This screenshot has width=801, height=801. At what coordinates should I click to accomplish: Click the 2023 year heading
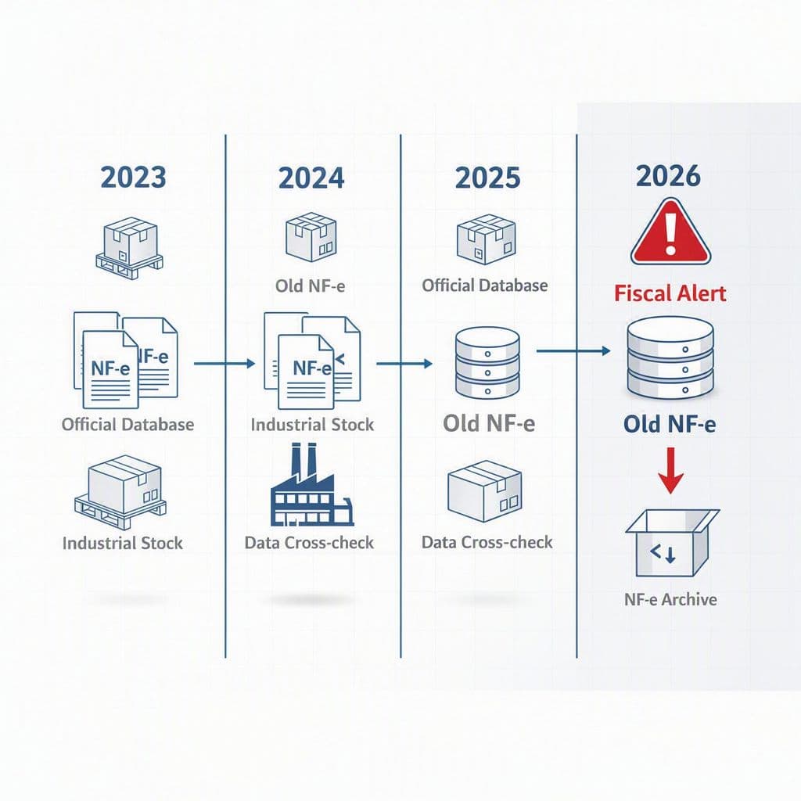[133, 178]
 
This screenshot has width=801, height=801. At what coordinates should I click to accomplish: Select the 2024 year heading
[311, 178]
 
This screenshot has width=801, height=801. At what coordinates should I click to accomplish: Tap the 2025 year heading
[488, 178]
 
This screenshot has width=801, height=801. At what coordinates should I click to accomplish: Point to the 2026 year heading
[668, 176]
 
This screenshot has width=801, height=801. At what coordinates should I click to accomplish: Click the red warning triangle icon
[670, 232]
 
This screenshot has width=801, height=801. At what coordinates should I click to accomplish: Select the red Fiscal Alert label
[670, 294]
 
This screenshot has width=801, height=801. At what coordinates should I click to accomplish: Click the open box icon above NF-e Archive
[672, 543]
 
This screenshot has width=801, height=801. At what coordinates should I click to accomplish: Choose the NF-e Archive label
[670, 599]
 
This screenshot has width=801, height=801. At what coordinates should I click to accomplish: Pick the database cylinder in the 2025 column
[487, 363]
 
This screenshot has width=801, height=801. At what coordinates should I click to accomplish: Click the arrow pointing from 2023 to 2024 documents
[224, 364]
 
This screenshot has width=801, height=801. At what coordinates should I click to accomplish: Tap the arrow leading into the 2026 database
[573, 351]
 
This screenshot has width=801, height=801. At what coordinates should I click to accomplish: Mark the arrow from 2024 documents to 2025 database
[404, 364]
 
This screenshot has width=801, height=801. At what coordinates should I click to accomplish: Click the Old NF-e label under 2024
[310, 286]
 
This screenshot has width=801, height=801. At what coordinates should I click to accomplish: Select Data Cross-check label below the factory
[309, 543]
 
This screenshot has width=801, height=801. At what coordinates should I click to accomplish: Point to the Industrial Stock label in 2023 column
[123, 543]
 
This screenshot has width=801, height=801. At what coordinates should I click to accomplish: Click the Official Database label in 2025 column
[485, 285]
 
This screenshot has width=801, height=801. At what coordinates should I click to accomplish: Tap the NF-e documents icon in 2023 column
[126, 360]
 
